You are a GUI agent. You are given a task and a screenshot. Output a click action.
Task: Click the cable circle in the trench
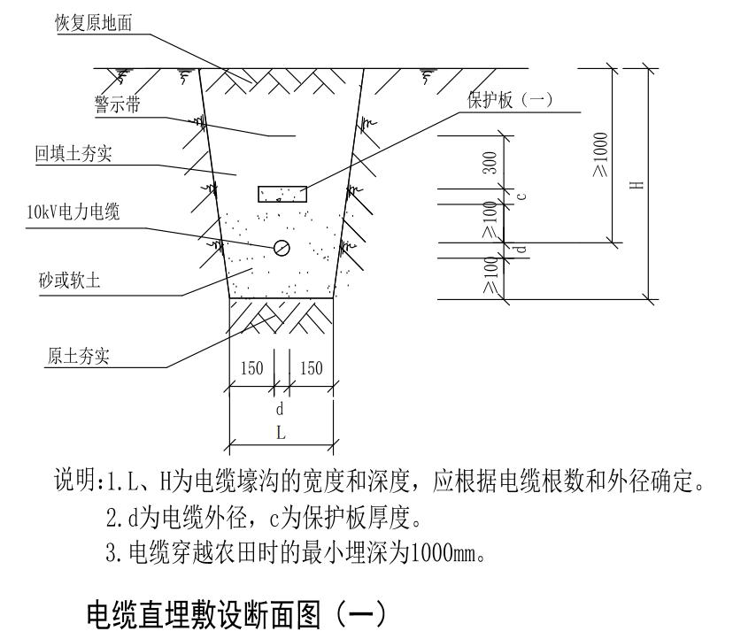point(282,248)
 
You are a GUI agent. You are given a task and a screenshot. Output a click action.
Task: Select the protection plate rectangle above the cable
point(282,194)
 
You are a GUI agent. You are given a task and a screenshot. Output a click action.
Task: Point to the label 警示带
point(118,105)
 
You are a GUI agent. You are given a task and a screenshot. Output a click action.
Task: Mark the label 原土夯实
point(78,357)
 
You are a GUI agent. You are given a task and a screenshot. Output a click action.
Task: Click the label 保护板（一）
point(510,99)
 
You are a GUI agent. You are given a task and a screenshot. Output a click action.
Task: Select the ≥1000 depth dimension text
point(601,154)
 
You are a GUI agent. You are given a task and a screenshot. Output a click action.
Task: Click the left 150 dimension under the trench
point(252,368)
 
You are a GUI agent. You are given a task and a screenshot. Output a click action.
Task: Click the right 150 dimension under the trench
point(311,368)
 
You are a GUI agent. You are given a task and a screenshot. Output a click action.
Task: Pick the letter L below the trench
point(281,434)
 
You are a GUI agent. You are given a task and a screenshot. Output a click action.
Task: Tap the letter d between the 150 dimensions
point(280,409)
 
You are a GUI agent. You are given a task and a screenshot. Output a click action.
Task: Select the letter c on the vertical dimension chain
point(520,196)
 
